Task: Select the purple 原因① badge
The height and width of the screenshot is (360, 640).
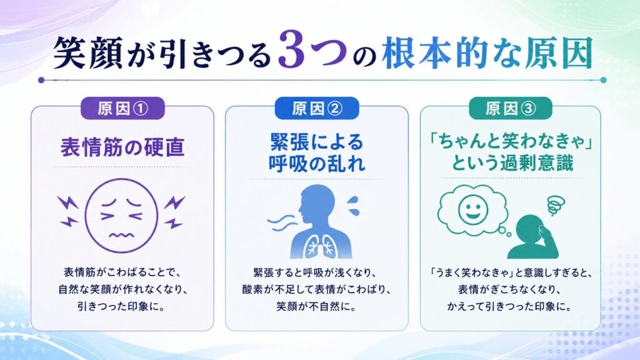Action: (x=122, y=109)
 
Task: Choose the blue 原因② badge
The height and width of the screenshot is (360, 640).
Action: (x=317, y=109)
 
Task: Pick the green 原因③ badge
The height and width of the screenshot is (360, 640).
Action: (x=510, y=109)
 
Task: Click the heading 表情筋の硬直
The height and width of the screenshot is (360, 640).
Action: (x=122, y=147)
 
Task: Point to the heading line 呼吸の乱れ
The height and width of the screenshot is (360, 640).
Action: (x=317, y=164)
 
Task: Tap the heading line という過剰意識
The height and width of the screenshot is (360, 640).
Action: (x=512, y=163)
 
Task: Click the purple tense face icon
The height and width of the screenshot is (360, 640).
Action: (x=121, y=215)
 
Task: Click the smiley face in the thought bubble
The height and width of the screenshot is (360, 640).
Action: (x=472, y=209)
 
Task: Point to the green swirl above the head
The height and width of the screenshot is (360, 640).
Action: (x=556, y=205)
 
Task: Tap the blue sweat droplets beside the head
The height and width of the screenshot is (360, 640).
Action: (x=352, y=205)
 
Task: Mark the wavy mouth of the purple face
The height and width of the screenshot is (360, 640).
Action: (x=121, y=235)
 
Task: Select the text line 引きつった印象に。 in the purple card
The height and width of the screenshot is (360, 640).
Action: (x=122, y=306)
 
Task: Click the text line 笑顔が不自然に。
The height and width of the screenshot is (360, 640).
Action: (x=317, y=306)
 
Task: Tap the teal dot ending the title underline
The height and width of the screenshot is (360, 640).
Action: (x=603, y=80)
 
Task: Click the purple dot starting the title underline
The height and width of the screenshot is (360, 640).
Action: (x=41, y=80)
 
